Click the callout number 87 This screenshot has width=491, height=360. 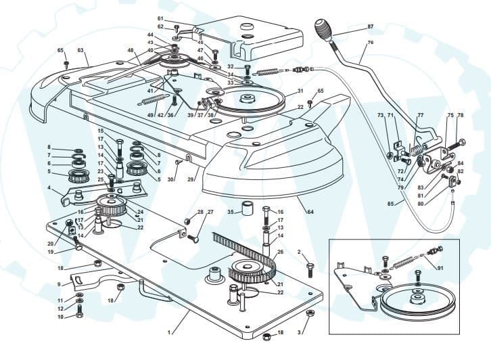pos(370,26)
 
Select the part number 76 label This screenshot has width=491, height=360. pos(370,42)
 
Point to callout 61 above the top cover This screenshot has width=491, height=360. pos(160,18)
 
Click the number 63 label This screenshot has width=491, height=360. pos(80,50)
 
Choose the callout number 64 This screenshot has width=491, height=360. pos(310,212)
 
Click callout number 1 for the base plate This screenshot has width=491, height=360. pos(169,332)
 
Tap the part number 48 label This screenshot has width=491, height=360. pos(130,50)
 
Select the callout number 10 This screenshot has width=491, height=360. pos(60,316)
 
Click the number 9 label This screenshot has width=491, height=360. pos(60,284)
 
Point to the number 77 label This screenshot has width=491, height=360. pos(420,116)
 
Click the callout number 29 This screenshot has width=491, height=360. pos(190,179)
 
